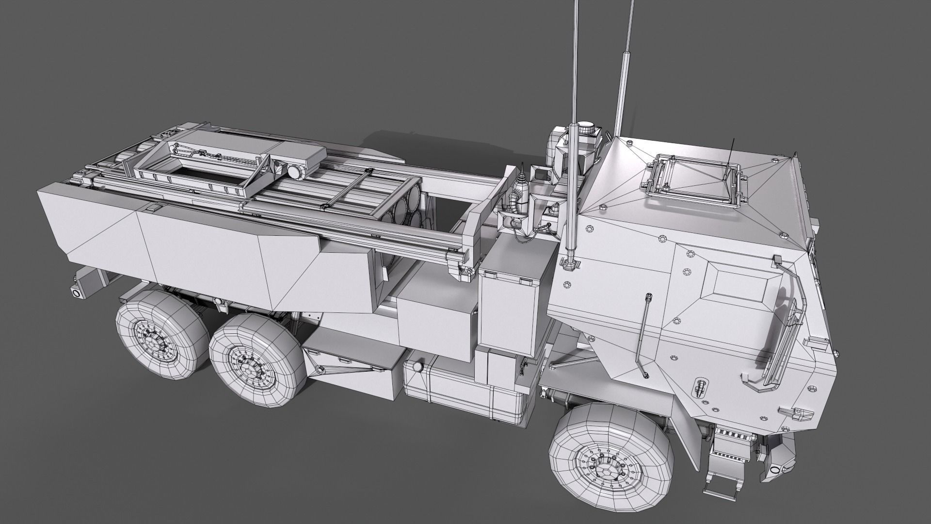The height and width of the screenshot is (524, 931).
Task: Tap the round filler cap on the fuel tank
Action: [x=417, y=367]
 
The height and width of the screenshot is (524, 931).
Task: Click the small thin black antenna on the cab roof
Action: [x=730, y=158]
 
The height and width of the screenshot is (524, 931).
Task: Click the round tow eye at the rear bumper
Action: [x=77, y=293]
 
